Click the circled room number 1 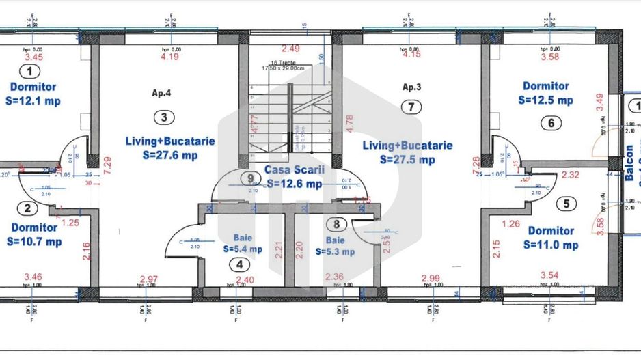tap(29, 70)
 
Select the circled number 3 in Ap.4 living tap(163, 117)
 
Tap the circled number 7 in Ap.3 tap(410, 107)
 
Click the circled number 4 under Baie tap(239, 265)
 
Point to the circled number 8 tap(335, 223)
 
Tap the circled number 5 tap(564, 204)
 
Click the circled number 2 tap(27, 209)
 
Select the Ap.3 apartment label tap(411, 87)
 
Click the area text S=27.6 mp tap(170, 155)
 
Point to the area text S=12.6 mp tap(294, 183)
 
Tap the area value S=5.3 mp tap(335, 251)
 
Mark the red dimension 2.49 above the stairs tap(290, 49)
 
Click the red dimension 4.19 tap(169, 57)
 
